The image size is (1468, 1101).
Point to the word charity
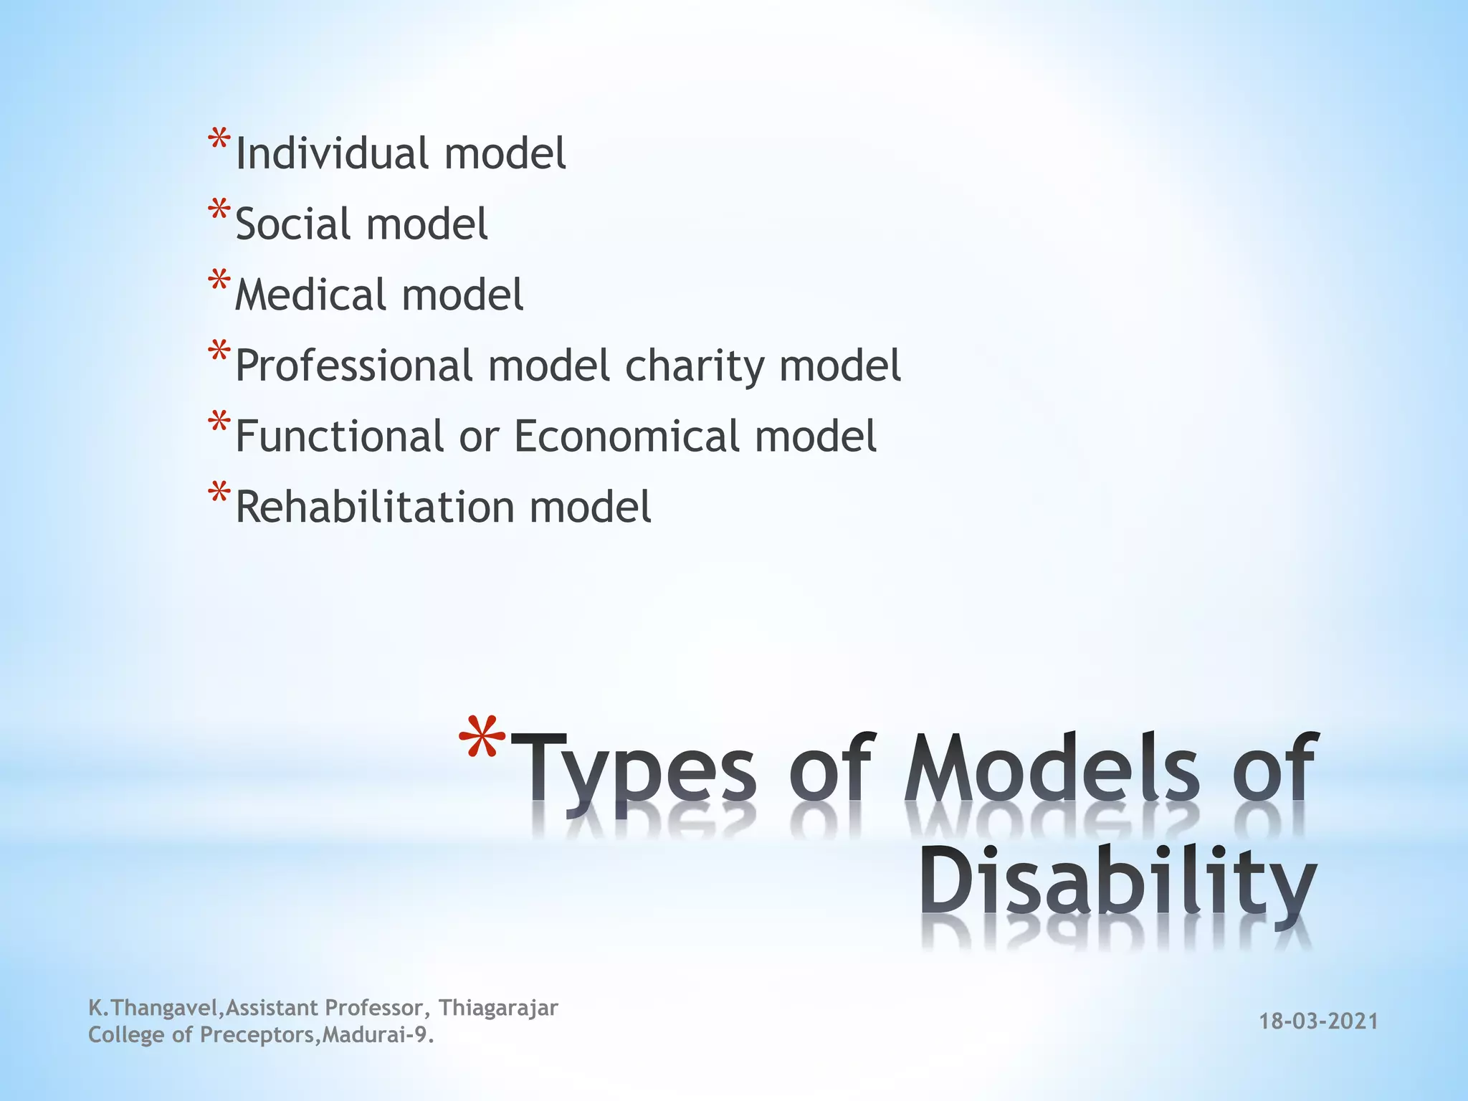click(x=695, y=366)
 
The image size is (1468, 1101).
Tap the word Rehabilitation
click(x=375, y=507)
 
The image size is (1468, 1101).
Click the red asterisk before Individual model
click(x=219, y=139)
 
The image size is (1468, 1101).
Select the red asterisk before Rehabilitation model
click(x=219, y=493)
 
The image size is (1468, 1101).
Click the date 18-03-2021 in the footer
click(x=1319, y=1021)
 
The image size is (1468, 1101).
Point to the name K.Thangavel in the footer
click(x=153, y=1008)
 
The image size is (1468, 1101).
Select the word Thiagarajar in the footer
click(x=498, y=1008)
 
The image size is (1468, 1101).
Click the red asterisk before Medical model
click(x=219, y=281)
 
